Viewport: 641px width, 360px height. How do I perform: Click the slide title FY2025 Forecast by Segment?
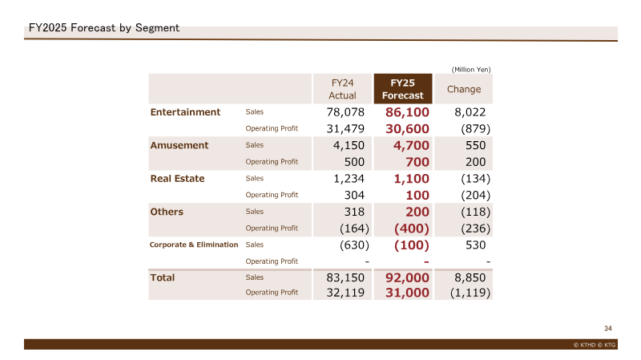pyautogui.click(x=104, y=28)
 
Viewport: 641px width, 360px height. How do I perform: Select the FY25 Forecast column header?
pyautogui.click(x=403, y=89)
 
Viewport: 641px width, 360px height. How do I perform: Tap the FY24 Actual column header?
pyautogui.click(x=343, y=89)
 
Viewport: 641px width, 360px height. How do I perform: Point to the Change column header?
pyautogui.click(x=464, y=89)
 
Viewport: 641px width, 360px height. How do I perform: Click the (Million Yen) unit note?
pyautogui.click(x=471, y=70)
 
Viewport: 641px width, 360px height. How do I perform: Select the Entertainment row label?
pyautogui.click(x=185, y=112)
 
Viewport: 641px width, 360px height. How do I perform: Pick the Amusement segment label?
pyautogui.click(x=179, y=145)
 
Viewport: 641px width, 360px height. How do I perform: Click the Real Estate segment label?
pyautogui.click(x=177, y=178)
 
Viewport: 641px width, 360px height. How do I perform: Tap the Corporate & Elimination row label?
pyautogui.click(x=194, y=245)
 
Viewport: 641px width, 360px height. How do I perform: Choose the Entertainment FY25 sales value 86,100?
pyautogui.click(x=407, y=112)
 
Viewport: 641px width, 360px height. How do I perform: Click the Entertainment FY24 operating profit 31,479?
pyautogui.click(x=345, y=129)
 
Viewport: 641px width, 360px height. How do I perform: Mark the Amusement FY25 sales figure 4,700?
pyautogui.click(x=411, y=145)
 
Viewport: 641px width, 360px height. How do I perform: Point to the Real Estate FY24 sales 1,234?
pyautogui.click(x=349, y=178)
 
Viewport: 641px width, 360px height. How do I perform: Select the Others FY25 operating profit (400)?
pyautogui.click(x=412, y=229)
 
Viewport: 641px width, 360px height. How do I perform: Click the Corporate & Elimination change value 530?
pyautogui.click(x=475, y=245)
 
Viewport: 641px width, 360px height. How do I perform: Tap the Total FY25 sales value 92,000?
pyautogui.click(x=407, y=277)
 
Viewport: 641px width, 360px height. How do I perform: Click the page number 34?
pyautogui.click(x=608, y=329)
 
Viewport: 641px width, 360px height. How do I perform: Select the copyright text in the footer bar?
pyautogui.click(x=594, y=345)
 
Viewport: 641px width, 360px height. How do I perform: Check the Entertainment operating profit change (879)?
pyautogui.click(x=475, y=129)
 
